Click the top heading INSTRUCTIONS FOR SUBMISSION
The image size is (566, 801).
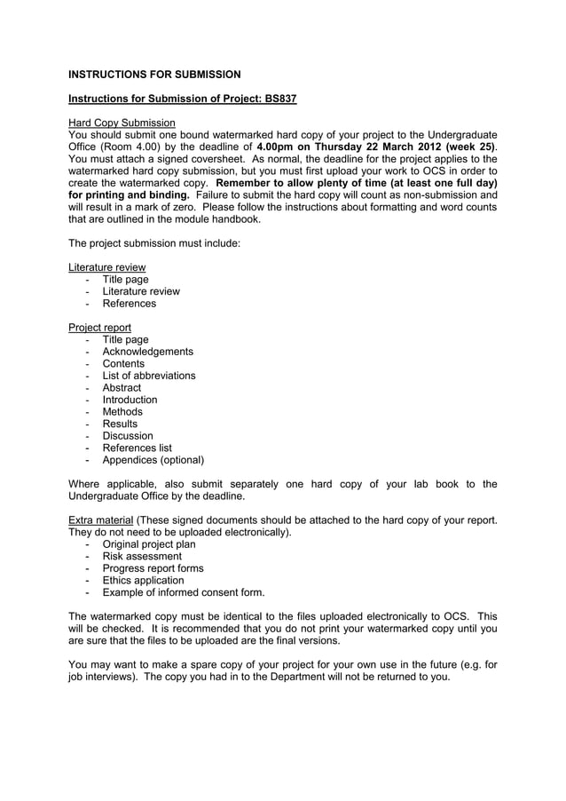click(154, 74)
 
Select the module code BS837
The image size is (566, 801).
click(279, 98)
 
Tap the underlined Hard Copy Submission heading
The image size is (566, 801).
click(122, 122)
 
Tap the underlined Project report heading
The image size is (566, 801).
click(99, 327)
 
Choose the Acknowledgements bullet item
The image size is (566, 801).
click(147, 352)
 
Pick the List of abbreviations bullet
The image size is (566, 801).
click(149, 376)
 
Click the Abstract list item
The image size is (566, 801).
click(122, 388)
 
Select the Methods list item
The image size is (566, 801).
click(122, 412)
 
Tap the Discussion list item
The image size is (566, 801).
click(128, 436)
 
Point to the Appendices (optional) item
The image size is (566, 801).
click(153, 460)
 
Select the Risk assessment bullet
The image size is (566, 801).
click(142, 556)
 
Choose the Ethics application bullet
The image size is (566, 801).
click(144, 580)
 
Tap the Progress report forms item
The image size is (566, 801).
click(153, 568)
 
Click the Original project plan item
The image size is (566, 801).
click(149, 544)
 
